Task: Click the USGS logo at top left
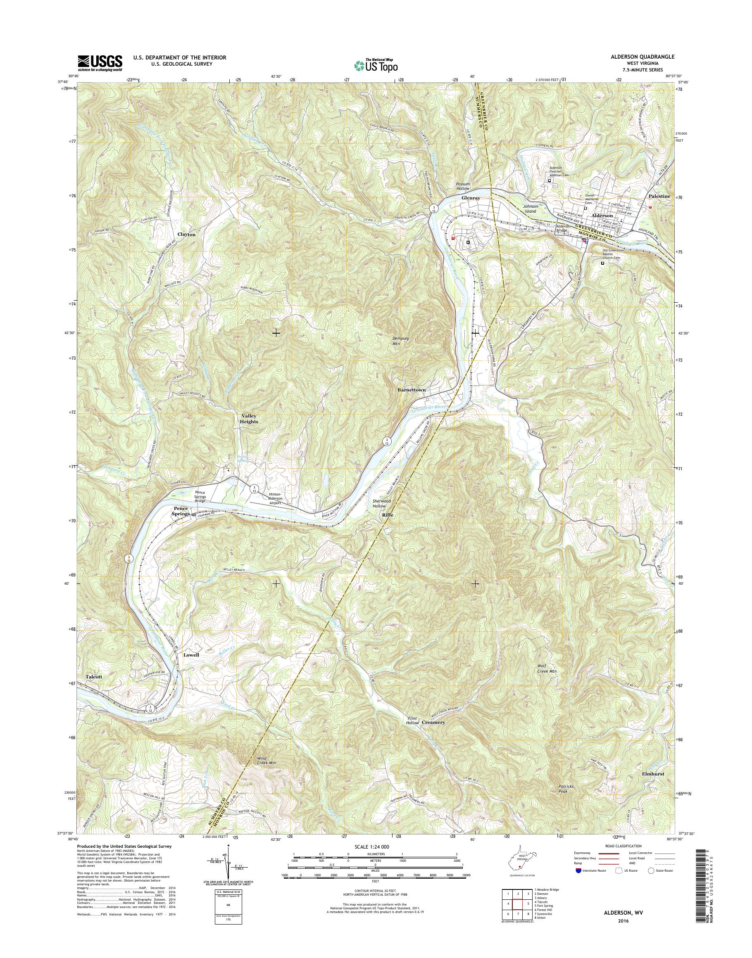click(100, 63)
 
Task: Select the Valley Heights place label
click(249, 418)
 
